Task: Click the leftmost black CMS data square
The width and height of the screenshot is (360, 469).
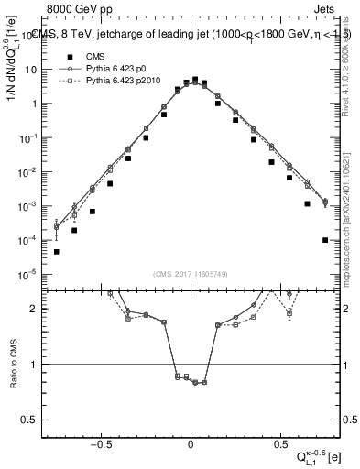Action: click(57, 251)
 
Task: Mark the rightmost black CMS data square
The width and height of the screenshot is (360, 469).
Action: click(325, 240)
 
